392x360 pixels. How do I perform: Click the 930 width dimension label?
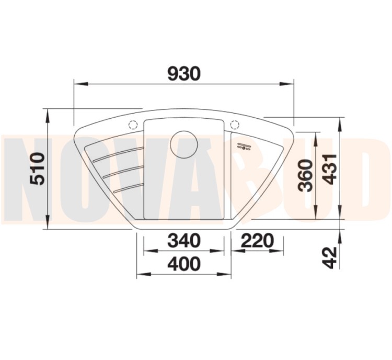184,74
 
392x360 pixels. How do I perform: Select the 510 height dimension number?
37,168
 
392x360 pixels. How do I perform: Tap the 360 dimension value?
306,175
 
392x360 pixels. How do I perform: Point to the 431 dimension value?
329,169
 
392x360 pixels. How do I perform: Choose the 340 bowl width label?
184,240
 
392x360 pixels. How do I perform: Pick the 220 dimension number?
258,240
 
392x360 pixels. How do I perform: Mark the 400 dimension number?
184,263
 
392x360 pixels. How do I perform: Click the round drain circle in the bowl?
184,144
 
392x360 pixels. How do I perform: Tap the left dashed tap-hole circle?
133,125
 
